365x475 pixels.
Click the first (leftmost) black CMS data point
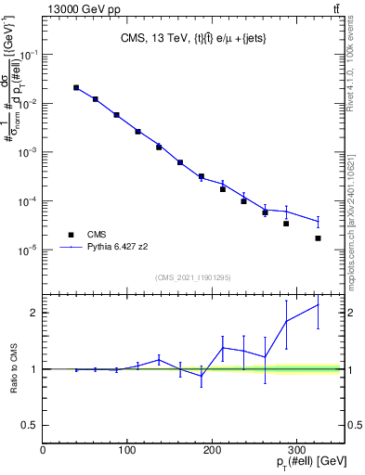[76, 88]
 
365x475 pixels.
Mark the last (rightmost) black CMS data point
[319, 238]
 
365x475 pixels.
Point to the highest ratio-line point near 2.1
[319, 304]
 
